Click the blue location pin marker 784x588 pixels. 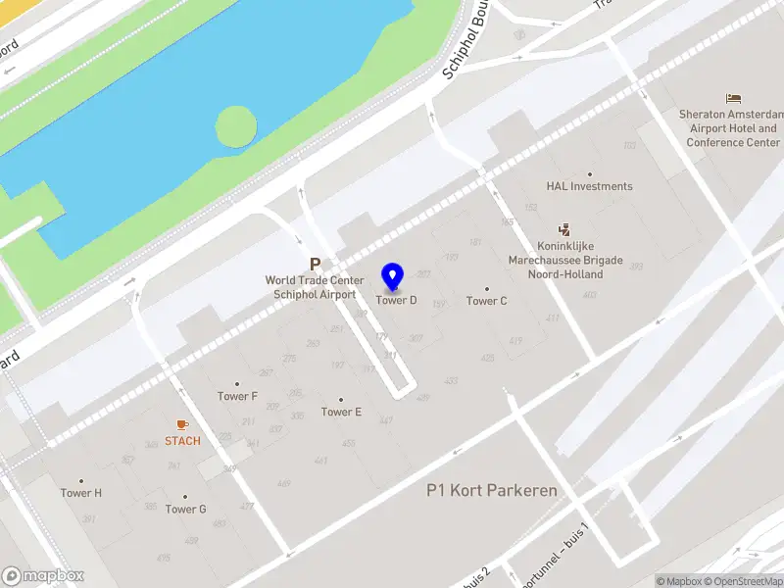click(393, 277)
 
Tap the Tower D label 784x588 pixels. click(397, 301)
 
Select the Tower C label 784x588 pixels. click(487, 301)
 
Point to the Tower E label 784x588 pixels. click(341, 412)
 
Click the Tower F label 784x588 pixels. click(237, 396)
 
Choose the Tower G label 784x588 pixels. click(185, 509)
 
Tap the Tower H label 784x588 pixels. click(81, 493)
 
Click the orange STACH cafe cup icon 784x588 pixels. click(182, 424)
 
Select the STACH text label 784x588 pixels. click(182, 441)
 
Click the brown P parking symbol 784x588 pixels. click(315, 264)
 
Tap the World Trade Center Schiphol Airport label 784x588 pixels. click(314, 287)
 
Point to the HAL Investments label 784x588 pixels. click(589, 186)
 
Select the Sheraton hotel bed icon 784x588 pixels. click(733, 98)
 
